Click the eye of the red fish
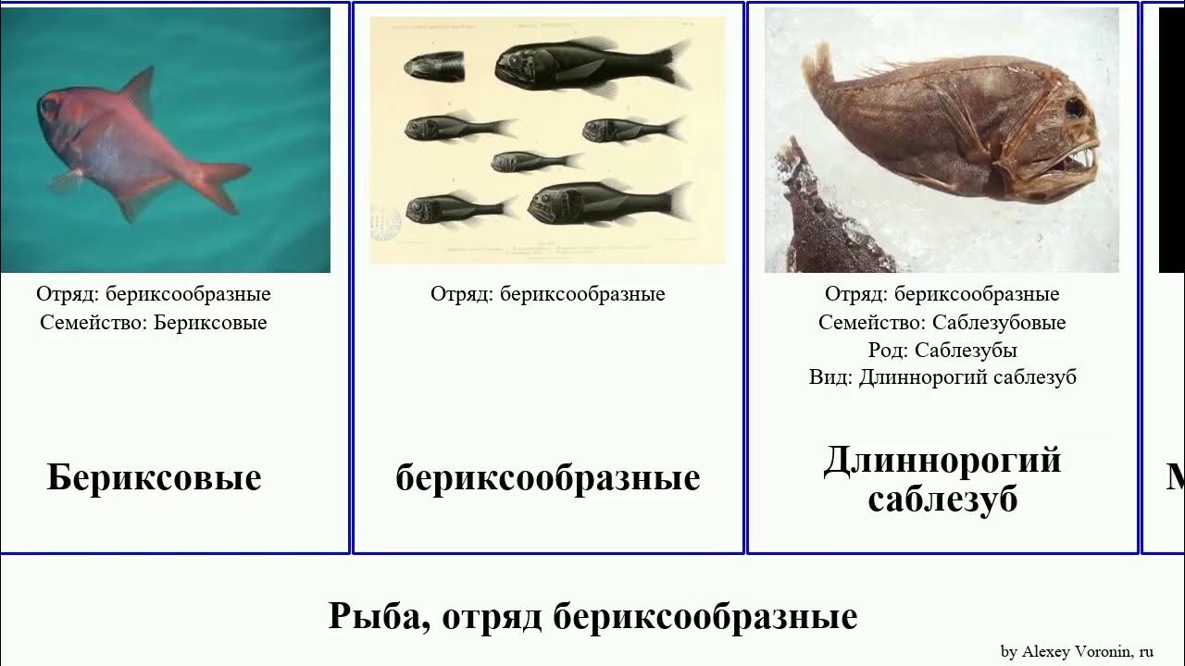click(x=48, y=107)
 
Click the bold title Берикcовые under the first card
click(x=154, y=478)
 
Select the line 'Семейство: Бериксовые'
click(x=154, y=323)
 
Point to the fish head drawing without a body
click(x=433, y=66)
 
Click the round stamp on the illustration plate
click(x=385, y=223)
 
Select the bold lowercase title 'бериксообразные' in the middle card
click(x=547, y=478)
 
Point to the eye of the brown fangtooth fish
click(x=1077, y=107)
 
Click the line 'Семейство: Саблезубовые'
click(x=942, y=323)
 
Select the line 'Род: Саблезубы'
click(x=942, y=351)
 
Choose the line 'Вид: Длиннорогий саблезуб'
click(x=942, y=377)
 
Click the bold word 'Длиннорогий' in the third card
click(x=942, y=460)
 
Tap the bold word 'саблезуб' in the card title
click(x=942, y=499)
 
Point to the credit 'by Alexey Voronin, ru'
click(x=1077, y=652)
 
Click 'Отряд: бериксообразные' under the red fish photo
click(x=154, y=294)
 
